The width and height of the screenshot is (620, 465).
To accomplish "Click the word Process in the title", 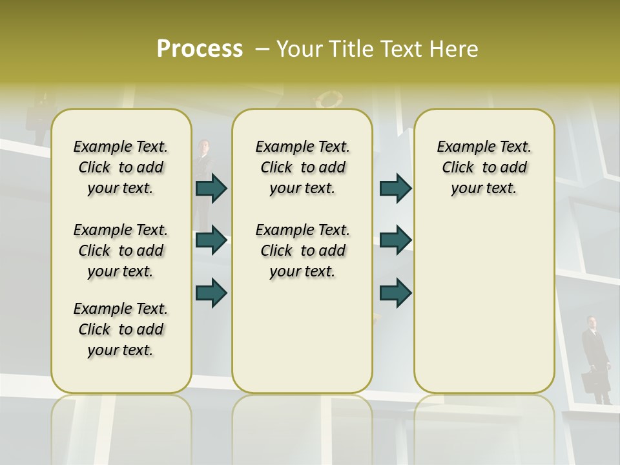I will [200, 49].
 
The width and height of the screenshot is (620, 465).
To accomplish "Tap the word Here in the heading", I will [453, 49].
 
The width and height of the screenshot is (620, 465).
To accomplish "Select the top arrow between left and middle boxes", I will [211, 188].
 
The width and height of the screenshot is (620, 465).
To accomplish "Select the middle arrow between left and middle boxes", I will [211, 240].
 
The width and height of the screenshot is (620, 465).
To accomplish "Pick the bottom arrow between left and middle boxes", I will [211, 292].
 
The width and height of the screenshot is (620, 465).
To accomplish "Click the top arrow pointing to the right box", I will [395, 188].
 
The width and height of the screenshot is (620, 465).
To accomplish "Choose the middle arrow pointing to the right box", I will [395, 240].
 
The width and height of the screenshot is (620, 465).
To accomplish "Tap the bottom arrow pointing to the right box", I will [395, 292].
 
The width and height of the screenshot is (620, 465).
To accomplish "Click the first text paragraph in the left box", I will [121, 167].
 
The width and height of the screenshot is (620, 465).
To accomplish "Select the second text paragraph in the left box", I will [121, 251].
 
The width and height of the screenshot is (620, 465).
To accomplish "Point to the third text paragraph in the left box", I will [121, 329].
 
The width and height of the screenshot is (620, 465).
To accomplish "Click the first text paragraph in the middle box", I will [303, 167].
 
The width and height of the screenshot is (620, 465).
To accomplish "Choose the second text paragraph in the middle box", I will [303, 251].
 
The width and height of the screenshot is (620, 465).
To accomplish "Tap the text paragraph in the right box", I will [484, 167].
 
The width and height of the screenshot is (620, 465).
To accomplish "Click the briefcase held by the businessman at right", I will [591, 382].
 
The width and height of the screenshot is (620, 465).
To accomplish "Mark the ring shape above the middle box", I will [329, 100].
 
